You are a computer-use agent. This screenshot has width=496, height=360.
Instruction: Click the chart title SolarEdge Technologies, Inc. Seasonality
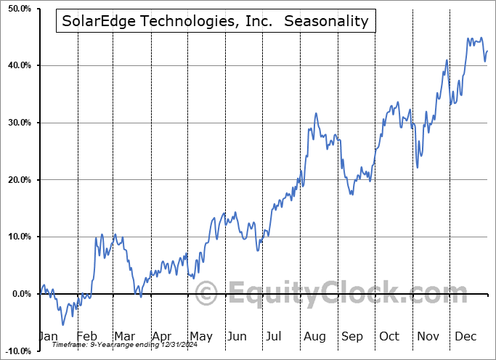pos(215,22)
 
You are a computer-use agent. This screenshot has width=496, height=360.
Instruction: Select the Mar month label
pos(125,337)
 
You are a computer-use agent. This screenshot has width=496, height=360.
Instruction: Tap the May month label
pos(200,337)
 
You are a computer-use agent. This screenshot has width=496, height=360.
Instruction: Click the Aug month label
pos(314,337)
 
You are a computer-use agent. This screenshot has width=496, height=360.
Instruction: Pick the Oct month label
pos(389,337)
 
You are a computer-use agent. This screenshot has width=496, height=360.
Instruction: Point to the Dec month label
pos(466,337)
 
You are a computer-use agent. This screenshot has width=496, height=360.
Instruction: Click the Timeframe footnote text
pos(105,346)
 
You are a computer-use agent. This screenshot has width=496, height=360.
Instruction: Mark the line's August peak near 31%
pos(315,114)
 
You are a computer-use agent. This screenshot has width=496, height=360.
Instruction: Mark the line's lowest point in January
pos(62,324)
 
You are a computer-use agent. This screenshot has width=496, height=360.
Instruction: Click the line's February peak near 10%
pos(102,234)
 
